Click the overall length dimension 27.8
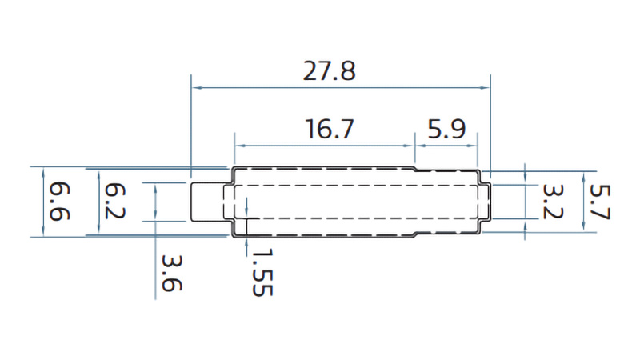point(329,71)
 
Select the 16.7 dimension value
point(329,129)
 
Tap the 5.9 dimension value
point(446,129)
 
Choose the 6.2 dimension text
point(115,202)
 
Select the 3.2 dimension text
point(550,202)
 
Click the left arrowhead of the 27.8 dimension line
point(195,87)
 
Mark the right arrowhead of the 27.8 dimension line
point(486,87)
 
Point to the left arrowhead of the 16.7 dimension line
point(237,146)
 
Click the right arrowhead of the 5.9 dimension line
point(474,146)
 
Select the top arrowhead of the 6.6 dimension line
point(39,171)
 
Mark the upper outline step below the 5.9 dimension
point(415,170)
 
